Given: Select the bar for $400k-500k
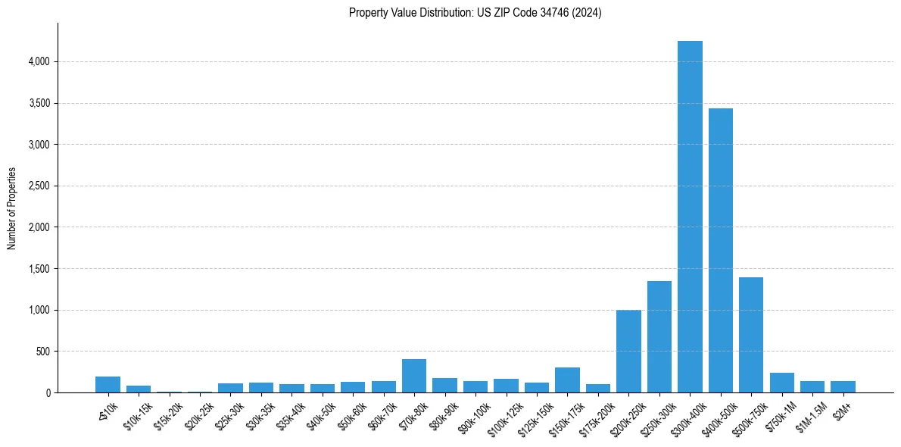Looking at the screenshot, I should click(x=720, y=250).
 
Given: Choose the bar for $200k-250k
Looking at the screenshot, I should click(x=628, y=352).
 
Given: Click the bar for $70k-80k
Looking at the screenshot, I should click(x=414, y=376).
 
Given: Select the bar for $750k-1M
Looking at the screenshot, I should click(x=781, y=383).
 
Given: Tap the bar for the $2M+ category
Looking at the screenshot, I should click(x=843, y=387).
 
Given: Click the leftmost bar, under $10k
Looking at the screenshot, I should click(x=108, y=385).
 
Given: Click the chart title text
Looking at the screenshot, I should click(x=475, y=13).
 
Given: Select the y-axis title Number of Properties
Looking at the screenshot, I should click(x=12, y=208).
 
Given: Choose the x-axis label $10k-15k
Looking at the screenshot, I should click(x=137, y=413).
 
